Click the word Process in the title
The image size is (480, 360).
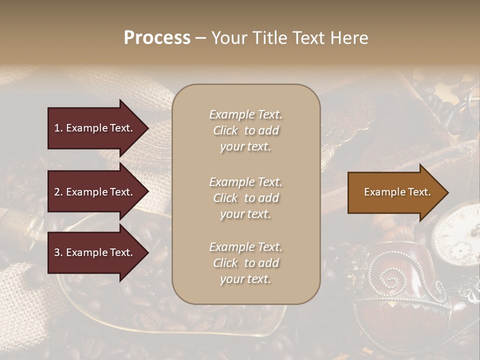[157, 38]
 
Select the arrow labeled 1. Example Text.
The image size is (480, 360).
[95, 128]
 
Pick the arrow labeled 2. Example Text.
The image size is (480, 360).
[95, 192]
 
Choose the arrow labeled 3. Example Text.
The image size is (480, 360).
[95, 252]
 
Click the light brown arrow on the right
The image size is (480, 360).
[395, 192]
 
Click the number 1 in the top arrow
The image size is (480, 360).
[57, 128]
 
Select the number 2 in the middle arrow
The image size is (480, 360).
[57, 192]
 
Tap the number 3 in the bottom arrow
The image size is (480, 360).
[57, 252]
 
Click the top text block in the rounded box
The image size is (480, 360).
[245, 130]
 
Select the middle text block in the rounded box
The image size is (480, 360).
[245, 198]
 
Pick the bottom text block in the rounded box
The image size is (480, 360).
[245, 263]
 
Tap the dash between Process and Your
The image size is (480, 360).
[201, 38]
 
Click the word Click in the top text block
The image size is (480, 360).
[225, 130]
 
